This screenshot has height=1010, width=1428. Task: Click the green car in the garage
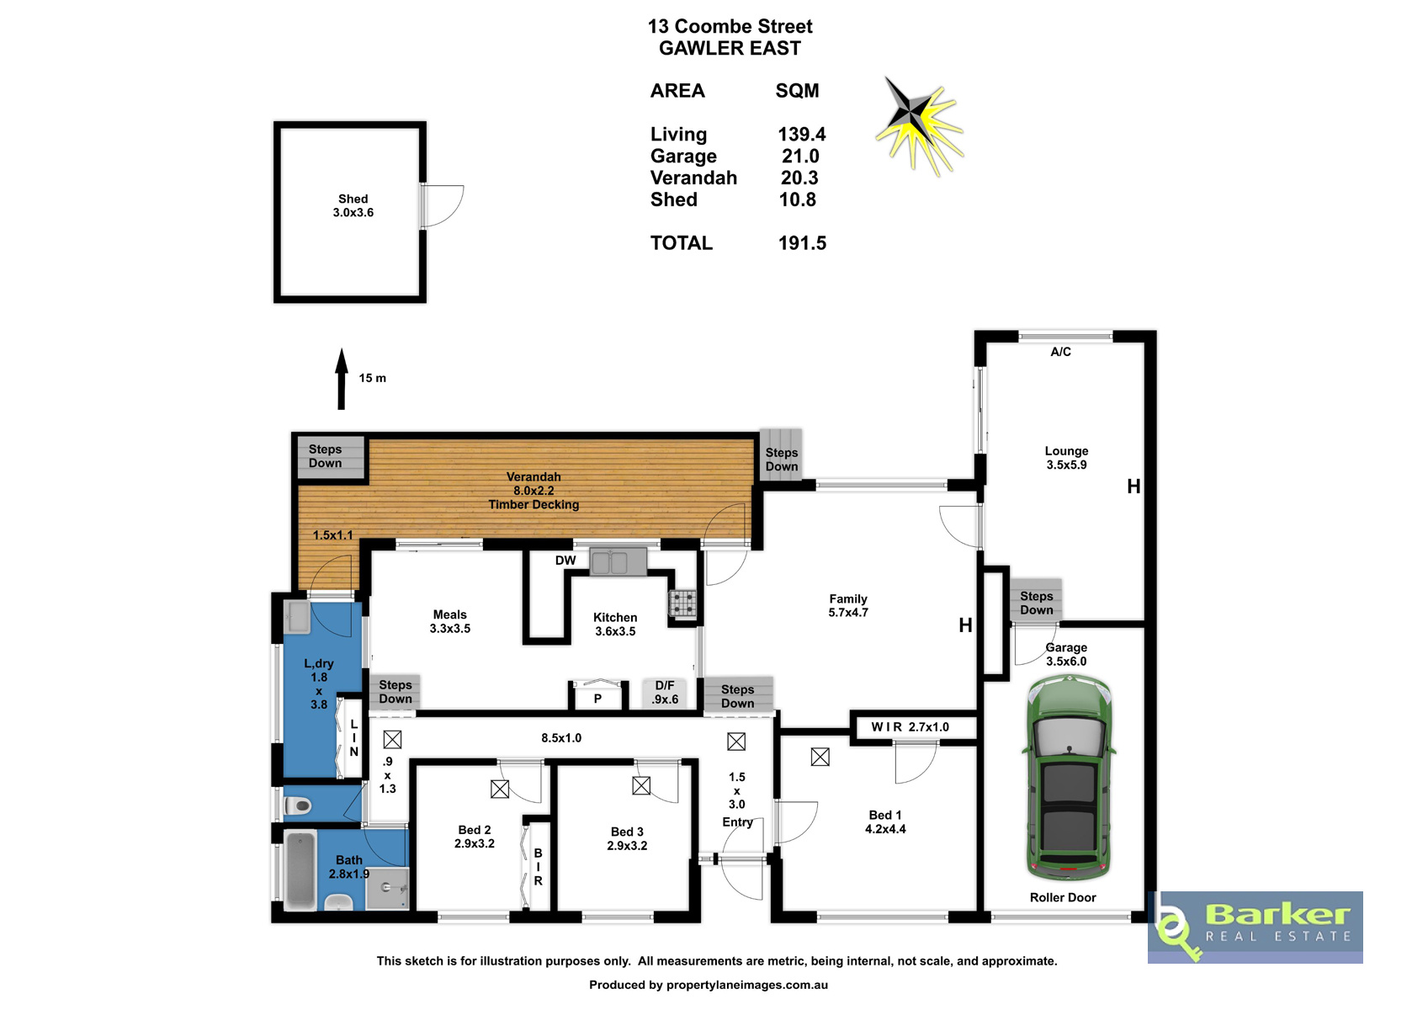click(x=1069, y=778)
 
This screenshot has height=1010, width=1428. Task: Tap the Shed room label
click(x=353, y=205)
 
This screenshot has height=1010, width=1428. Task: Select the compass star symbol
click(x=918, y=125)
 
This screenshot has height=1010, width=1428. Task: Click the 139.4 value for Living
click(x=801, y=134)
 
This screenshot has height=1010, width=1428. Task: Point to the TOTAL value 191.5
click(x=802, y=243)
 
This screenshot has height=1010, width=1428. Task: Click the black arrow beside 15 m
click(x=342, y=379)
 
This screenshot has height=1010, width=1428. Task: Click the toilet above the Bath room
click(x=298, y=806)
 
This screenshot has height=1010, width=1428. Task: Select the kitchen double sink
click(x=617, y=562)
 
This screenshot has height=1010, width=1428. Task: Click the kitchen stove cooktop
click(x=682, y=603)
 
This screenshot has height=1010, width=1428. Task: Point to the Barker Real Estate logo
click(x=1255, y=927)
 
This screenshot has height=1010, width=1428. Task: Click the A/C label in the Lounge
click(x=1061, y=351)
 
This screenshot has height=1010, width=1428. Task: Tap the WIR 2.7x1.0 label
click(x=910, y=727)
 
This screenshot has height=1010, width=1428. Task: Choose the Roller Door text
click(x=1063, y=897)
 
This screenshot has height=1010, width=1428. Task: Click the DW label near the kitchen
click(x=565, y=560)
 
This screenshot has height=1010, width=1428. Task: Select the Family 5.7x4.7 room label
click(x=848, y=606)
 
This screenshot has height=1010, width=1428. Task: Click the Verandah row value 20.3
click(x=799, y=178)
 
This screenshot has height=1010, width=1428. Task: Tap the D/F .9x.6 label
click(x=665, y=693)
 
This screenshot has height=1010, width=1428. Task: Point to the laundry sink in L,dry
click(x=296, y=617)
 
